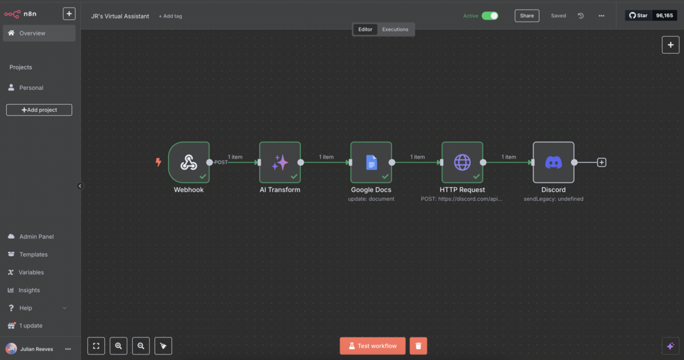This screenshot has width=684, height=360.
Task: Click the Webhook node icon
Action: [189, 163]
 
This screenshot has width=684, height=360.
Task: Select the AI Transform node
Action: [280, 163]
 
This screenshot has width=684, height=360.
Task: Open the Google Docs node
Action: [371, 163]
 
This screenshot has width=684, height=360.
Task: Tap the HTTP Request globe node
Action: [462, 163]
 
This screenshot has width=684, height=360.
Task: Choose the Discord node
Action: [553, 163]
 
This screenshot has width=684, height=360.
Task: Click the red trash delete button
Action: [419, 346]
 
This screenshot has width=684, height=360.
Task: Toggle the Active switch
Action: [490, 16]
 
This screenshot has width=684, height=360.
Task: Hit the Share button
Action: [527, 16]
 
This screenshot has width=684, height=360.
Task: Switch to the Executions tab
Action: [395, 29]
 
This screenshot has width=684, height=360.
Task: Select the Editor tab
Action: [365, 29]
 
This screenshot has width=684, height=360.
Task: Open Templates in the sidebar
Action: [33, 255]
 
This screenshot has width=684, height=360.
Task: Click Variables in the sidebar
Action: [31, 272]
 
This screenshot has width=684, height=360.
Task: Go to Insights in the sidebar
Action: [29, 290]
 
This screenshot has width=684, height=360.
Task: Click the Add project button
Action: [39, 110]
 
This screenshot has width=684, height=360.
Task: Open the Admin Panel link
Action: [36, 237]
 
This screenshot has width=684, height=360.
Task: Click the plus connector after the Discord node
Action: [602, 163]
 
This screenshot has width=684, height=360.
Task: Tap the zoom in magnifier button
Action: [118, 346]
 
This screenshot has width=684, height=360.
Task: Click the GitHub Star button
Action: [638, 16]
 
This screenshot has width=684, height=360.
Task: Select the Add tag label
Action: [171, 16]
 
